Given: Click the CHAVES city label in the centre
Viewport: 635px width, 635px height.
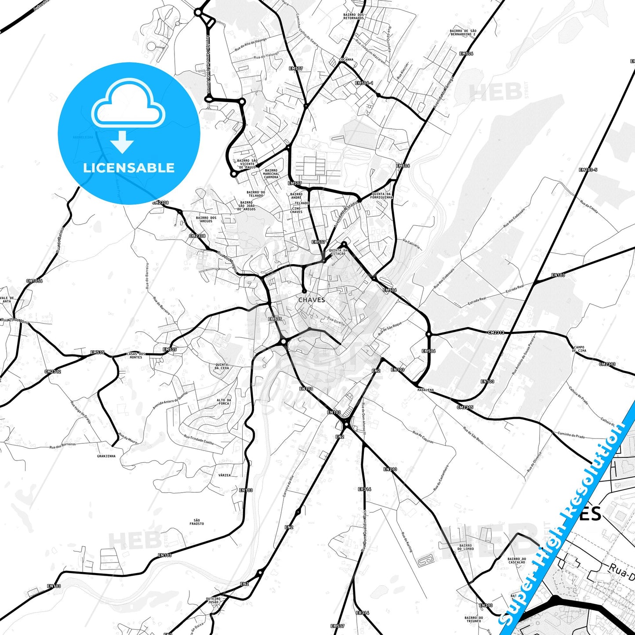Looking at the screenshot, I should pos(312,300).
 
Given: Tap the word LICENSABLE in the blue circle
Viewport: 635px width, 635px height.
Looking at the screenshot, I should pos(129,168).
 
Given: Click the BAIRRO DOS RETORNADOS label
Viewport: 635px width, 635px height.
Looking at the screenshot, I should pos(353,16).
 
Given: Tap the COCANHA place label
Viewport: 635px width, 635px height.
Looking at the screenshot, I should pos(346,60).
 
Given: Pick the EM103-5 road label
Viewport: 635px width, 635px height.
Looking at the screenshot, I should pos(588,170).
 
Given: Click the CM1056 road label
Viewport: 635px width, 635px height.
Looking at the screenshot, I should pos(34,281).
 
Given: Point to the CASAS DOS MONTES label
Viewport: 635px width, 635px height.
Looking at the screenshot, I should pos(136,355).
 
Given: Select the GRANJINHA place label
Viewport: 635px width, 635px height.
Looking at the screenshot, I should pos(106,456).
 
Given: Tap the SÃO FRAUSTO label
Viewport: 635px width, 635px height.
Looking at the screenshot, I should pos(197,522).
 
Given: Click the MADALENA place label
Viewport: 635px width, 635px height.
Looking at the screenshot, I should pos(425,390).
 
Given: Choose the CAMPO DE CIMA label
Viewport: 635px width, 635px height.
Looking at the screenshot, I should pos(579,349).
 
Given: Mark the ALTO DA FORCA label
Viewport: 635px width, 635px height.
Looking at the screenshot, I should pos(224,402).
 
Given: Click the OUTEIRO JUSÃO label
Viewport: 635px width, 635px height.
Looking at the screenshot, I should pos(213,600).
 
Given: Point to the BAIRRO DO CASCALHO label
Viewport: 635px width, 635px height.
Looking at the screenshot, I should pos(516,561).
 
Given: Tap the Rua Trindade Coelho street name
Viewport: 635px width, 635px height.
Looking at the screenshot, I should pos(199,440).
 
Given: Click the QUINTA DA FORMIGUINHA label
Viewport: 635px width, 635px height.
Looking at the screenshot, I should pos(381,196).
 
